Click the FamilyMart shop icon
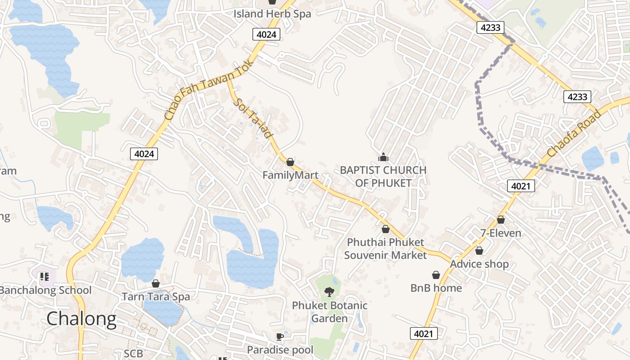click(290, 162)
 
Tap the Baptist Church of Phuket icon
click(383, 157)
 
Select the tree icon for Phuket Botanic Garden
click(329, 292)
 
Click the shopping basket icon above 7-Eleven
click(500, 220)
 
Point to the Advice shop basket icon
click(479, 250)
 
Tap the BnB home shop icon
click(436, 274)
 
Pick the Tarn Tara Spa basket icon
click(156, 283)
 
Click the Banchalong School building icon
click(44, 276)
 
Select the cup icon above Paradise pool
click(279, 337)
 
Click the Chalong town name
click(81, 319)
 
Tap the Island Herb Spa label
click(272, 14)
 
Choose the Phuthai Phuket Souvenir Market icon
click(385, 229)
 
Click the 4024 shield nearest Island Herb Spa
click(266, 34)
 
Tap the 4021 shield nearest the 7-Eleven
click(521, 185)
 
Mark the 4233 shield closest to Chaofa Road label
click(577, 96)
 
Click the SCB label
click(133, 354)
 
